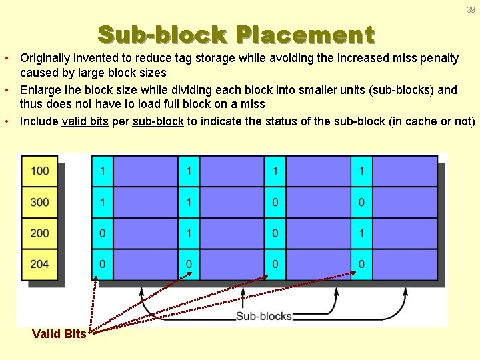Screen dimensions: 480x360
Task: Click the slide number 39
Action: click(x=471, y=9)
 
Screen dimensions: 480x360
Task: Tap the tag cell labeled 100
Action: click(x=40, y=171)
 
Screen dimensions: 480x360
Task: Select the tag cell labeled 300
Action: click(x=40, y=202)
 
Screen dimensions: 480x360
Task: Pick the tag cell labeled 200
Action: click(x=40, y=233)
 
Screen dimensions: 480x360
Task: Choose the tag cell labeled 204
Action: click(x=40, y=264)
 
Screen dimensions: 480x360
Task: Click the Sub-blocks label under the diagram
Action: click(x=264, y=316)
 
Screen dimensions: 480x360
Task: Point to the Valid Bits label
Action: click(x=59, y=334)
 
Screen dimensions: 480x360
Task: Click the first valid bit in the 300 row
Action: click(x=102, y=202)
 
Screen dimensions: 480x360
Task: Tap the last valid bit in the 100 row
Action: click(x=361, y=171)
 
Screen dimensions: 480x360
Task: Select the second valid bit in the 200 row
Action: click(x=189, y=233)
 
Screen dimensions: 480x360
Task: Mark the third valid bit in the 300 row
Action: click(x=275, y=202)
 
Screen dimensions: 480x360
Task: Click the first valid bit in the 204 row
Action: click(x=102, y=264)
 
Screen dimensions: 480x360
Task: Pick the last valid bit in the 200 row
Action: click(x=361, y=233)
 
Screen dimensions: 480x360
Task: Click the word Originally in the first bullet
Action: click(x=45, y=58)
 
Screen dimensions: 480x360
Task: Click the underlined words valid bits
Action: click(x=85, y=121)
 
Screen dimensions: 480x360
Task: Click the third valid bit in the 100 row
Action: click(x=275, y=171)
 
